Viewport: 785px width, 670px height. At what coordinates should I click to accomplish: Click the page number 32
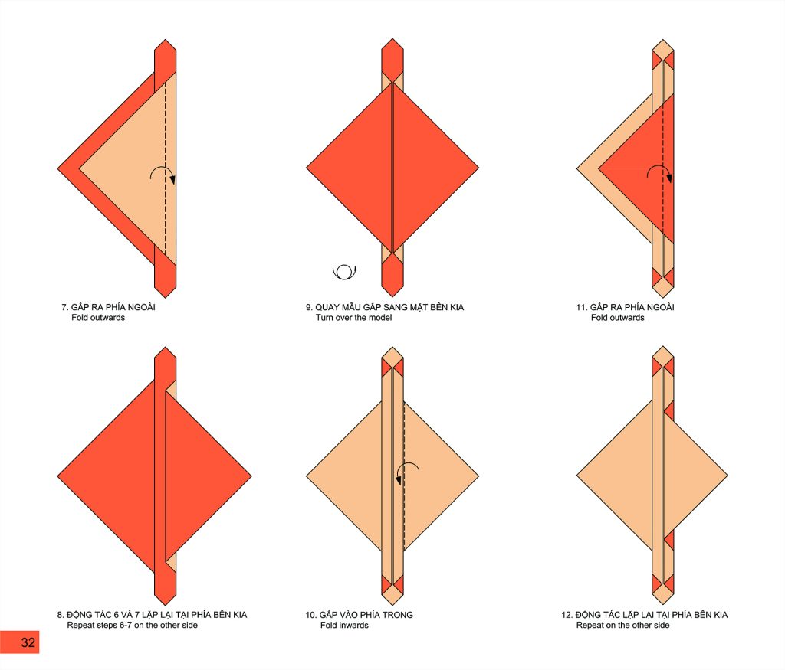(28, 642)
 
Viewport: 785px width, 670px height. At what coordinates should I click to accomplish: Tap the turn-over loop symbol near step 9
(344, 272)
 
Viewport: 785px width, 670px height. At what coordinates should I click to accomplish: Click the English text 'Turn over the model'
(353, 318)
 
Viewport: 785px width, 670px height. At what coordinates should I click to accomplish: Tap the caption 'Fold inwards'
(344, 625)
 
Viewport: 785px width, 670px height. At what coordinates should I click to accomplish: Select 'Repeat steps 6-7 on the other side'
(132, 625)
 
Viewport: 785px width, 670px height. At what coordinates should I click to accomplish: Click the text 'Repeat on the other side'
(622, 625)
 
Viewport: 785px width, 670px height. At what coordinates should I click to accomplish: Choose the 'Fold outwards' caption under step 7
(98, 318)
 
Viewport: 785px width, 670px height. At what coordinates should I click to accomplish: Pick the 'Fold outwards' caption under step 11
(617, 318)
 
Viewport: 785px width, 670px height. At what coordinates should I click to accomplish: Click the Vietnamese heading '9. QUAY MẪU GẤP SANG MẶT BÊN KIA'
(385, 307)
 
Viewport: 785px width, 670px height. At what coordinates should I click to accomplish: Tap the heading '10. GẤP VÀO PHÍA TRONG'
(360, 615)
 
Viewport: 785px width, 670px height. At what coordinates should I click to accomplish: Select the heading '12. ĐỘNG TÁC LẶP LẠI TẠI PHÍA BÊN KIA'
(644, 615)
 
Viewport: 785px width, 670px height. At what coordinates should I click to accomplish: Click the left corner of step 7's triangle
(57, 168)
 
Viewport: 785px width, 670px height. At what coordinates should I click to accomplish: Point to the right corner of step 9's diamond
(479, 168)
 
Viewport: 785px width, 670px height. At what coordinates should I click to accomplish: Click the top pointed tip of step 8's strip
(166, 346)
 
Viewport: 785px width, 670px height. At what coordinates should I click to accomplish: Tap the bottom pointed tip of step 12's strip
(663, 605)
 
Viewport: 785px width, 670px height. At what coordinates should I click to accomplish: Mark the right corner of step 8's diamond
(251, 476)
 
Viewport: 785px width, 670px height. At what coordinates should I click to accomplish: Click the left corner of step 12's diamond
(576, 476)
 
